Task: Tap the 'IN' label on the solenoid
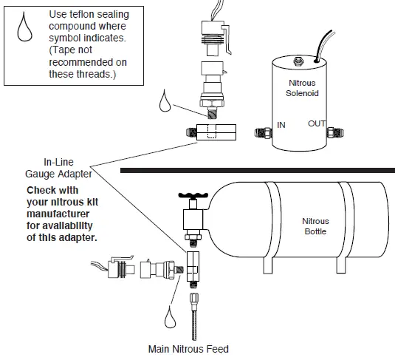tap(281, 126)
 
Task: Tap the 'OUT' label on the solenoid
tap(317, 123)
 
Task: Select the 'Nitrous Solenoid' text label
tap(303, 89)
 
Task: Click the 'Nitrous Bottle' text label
tap(315, 226)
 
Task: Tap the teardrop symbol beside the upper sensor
tap(166, 101)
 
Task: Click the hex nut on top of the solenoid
tap(298, 58)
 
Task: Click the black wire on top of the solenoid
tap(323, 44)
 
